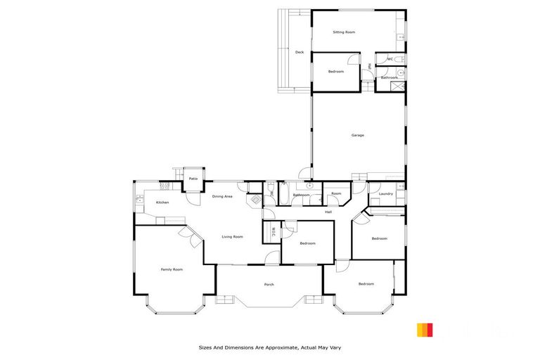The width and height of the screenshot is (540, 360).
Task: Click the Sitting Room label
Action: coord(343,32)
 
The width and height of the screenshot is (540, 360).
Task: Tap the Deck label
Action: coord(299,52)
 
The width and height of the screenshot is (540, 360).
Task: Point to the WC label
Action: coord(389,59)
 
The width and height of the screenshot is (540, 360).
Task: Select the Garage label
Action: coord(357,135)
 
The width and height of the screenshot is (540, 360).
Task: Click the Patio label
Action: coord(193,179)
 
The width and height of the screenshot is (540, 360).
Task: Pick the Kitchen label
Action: coord(162,202)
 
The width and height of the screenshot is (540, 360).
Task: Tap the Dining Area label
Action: coord(222,196)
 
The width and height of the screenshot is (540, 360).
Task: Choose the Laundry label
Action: coord(385,194)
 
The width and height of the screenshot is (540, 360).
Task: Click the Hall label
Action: coord(328,212)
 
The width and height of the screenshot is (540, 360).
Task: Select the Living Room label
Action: coord(232,237)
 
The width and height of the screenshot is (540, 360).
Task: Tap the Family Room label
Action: coord(172,269)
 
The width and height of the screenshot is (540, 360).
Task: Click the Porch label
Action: coord(269,284)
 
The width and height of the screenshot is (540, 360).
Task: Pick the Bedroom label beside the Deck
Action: coord(335,72)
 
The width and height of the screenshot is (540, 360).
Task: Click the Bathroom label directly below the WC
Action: coord(390,77)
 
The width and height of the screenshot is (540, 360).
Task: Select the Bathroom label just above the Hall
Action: coord(301,195)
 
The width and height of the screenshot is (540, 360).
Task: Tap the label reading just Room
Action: coord(336,193)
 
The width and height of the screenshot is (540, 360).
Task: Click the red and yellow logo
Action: coord(425,330)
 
